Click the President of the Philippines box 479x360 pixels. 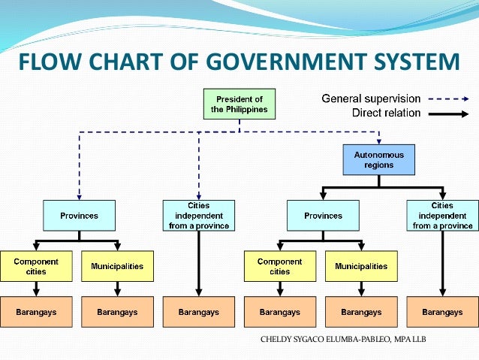239,104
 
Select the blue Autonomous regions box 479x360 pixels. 378,159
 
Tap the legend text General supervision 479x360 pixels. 371,98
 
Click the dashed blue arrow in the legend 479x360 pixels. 448,98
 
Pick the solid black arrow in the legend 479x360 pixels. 448,113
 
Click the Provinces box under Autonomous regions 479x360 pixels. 323,216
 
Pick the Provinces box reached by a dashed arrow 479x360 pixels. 80,216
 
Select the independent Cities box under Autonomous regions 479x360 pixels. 442,216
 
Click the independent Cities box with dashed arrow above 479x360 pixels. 199,216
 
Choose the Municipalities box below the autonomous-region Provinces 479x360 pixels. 361,266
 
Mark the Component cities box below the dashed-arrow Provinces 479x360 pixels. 36,266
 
